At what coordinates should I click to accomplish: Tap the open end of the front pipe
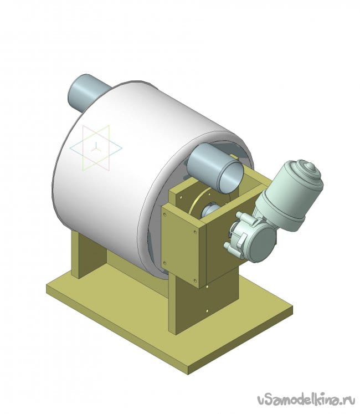(x=230, y=176)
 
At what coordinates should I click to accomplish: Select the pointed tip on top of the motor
(x=309, y=166)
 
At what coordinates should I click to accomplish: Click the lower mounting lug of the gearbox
(x=229, y=246)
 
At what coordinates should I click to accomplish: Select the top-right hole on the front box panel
(x=195, y=232)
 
